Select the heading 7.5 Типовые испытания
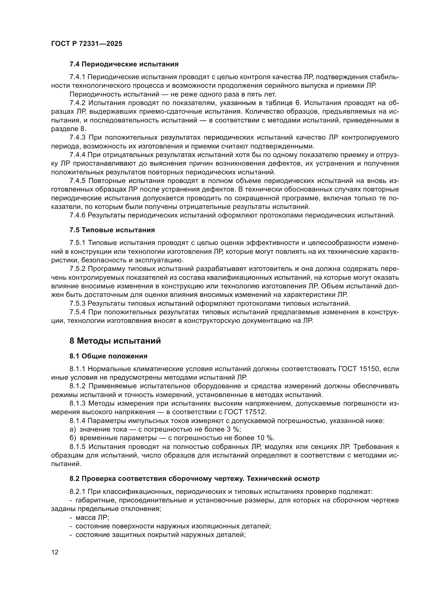[x=112, y=230]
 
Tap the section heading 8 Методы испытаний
[x=115, y=341]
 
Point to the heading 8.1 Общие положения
[x=108, y=356]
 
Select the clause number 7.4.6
[x=77, y=215]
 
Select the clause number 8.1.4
[x=77, y=421]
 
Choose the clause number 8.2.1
[x=77, y=492]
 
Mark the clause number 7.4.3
[x=77, y=138]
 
